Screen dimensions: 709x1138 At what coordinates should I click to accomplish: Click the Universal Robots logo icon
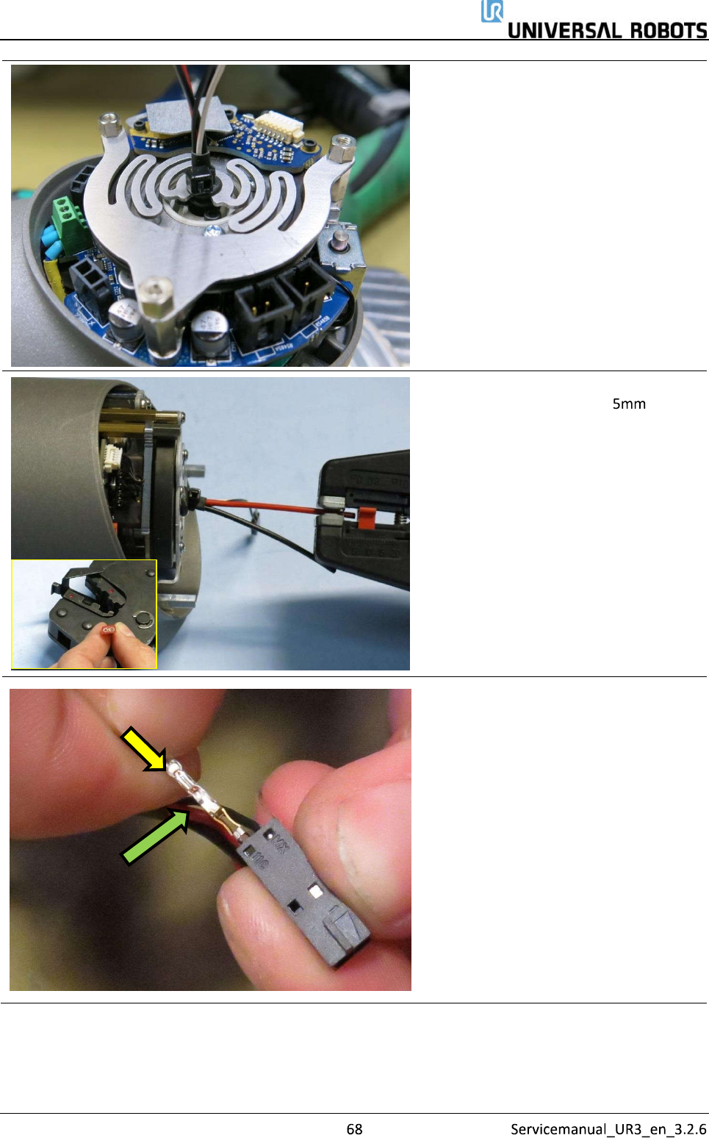coord(492,11)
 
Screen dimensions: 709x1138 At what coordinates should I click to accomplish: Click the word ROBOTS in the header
coord(669,31)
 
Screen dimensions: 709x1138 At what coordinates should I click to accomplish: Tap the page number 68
coord(354,1129)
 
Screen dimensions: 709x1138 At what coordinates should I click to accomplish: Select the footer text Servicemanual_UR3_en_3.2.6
coord(608,1129)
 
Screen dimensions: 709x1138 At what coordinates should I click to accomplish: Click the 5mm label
coord(629,404)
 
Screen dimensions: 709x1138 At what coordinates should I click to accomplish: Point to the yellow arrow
coord(144,748)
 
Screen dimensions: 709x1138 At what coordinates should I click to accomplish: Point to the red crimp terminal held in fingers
coord(108,631)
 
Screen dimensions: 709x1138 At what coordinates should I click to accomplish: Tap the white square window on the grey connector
coord(315,890)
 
